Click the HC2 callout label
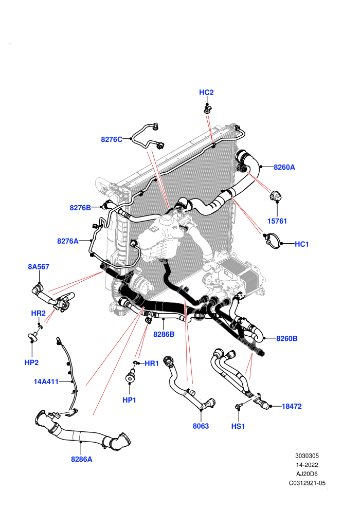tap(206, 93)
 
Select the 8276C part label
tap(112, 139)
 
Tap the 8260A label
tap(284, 167)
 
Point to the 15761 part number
tap(277, 221)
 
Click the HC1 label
tap(301, 244)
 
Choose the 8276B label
tap(80, 208)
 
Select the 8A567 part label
tap(39, 267)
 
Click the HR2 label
tap(38, 313)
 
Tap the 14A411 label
tap(46, 381)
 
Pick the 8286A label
tap(81, 459)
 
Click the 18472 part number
tap(292, 406)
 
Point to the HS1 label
tap(238, 426)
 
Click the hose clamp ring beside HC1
tap(272, 240)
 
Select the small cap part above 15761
tap(275, 196)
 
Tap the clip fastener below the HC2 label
tap(207, 109)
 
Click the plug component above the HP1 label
tap(130, 376)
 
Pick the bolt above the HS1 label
tap(238, 406)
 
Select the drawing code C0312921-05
tap(307, 483)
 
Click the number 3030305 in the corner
tap(307, 456)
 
